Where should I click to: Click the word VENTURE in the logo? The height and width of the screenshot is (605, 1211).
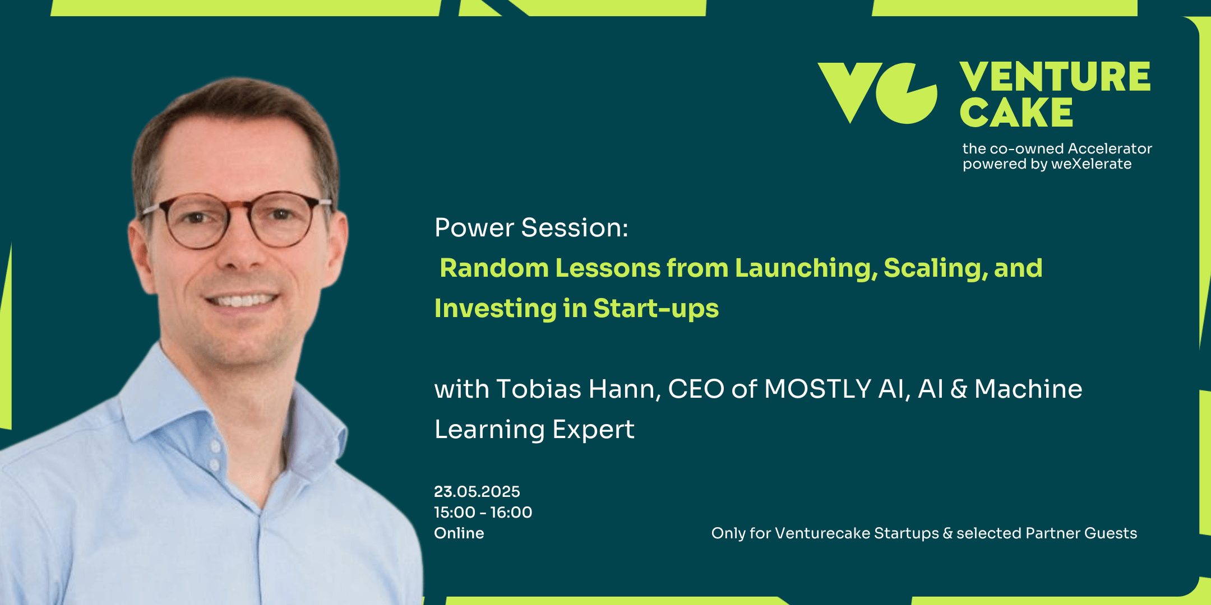(1055, 77)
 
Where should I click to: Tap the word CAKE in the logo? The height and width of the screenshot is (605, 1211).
(1016, 113)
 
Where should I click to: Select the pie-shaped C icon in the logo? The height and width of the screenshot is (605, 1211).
(907, 93)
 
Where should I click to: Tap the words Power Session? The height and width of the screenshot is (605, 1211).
(531, 228)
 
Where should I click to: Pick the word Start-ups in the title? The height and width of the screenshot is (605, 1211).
(656, 309)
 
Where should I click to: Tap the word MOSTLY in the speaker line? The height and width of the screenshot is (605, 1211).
(817, 389)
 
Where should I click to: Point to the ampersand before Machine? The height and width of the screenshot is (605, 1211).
(959, 389)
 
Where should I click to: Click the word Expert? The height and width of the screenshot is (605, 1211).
(593, 430)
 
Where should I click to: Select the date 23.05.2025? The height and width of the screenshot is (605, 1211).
(477, 492)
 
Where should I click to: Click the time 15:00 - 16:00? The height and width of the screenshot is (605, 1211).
(483, 513)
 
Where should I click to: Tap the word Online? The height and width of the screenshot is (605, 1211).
(459, 533)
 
